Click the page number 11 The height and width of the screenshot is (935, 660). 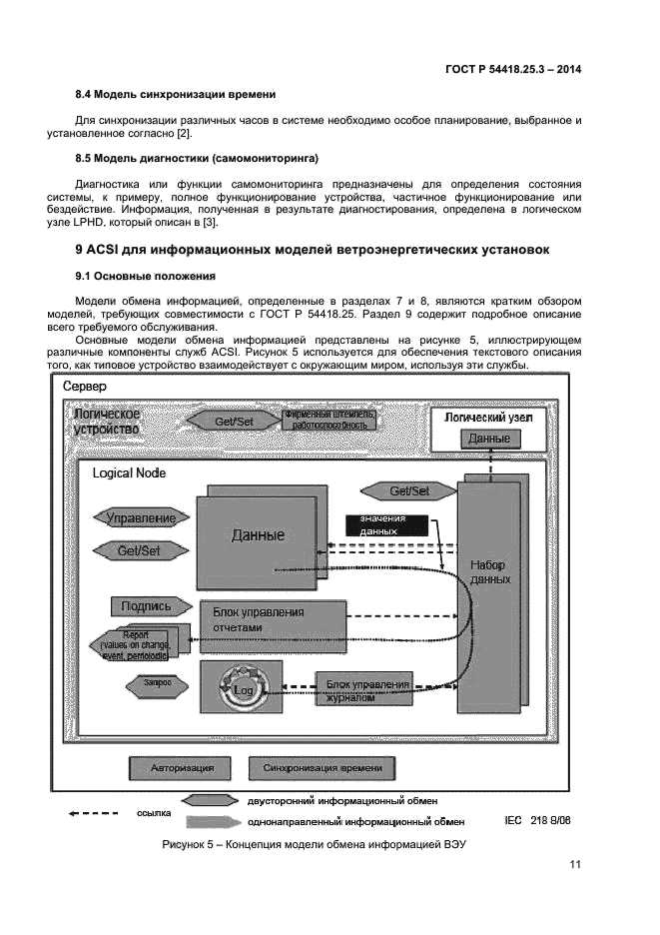pyautogui.click(x=575, y=865)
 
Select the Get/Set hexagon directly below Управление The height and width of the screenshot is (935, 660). pyautogui.click(x=139, y=550)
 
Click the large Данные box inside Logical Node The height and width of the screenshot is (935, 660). pyautogui.click(x=258, y=535)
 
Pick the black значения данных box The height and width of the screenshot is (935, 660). pyautogui.click(x=385, y=525)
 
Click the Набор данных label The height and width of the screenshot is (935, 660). pyautogui.click(x=490, y=572)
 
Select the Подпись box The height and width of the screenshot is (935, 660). pyautogui.click(x=146, y=605)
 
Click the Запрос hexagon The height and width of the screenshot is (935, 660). pyautogui.click(x=146, y=683)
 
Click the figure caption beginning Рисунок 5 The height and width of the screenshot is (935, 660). pyautogui.click(x=315, y=845)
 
